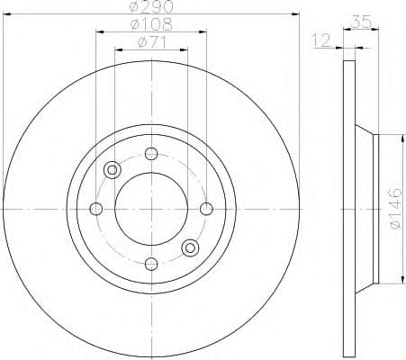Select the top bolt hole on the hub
click(151, 153)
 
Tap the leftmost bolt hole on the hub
click(96, 209)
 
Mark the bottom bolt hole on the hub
click(151, 264)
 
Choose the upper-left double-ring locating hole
click(113, 169)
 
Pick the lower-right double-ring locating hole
click(190, 247)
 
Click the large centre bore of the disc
click(151, 209)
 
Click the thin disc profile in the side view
click(348, 209)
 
